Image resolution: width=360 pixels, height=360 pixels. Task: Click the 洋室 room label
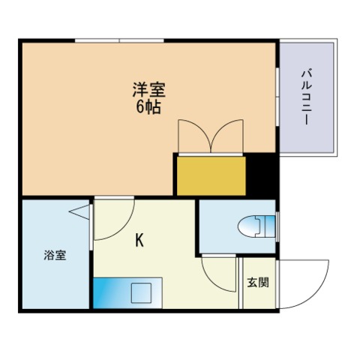(148, 89)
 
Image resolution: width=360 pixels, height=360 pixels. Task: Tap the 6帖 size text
(148, 107)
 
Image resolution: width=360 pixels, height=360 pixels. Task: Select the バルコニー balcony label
(307, 97)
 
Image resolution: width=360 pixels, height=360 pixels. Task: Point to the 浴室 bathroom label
(55, 255)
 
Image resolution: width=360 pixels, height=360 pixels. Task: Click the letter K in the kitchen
(139, 240)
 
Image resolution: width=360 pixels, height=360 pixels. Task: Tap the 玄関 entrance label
(258, 283)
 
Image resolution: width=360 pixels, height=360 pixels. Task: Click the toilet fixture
(256, 226)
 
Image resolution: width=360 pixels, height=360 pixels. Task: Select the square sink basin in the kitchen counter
(142, 292)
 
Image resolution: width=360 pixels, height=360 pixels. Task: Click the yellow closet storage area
(211, 175)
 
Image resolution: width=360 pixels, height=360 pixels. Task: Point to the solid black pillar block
(261, 175)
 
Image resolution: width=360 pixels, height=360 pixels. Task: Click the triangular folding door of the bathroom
(79, 211)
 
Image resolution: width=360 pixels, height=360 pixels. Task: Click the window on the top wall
(119, 40)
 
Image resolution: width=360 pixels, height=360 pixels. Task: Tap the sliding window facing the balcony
(277, 97)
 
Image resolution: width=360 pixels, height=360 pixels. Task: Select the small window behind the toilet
(277, 226)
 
